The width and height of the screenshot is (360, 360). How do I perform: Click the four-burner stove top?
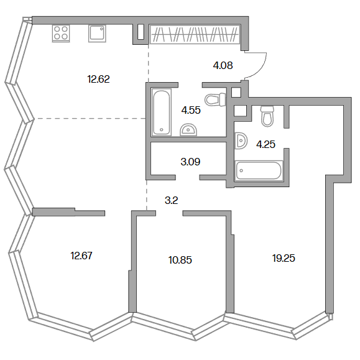coord(61,34)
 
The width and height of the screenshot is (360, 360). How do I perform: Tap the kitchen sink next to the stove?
coord(97,34)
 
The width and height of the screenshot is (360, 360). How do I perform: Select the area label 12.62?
coord(98,79)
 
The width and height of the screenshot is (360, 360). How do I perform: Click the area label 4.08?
coord(223,66)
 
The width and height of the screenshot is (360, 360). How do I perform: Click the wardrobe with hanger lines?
coord(195,34)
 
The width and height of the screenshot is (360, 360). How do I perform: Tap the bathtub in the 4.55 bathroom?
coord(162,112)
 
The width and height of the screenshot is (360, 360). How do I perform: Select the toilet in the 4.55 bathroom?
coord(215,99)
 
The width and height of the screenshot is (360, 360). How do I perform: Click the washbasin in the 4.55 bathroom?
coord(188,130)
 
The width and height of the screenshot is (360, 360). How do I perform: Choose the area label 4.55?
coord(191,110)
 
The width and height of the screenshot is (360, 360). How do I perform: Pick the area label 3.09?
coord(190,162)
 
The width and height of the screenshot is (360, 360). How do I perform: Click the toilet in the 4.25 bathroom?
coord(267,116)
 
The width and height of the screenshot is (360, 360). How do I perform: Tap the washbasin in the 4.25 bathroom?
coord(241,141)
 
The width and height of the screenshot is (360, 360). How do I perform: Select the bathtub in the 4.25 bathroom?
coord(259,170)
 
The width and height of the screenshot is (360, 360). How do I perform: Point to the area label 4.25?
coord(265,144)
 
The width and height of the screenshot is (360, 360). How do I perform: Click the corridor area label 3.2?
coord(171,200)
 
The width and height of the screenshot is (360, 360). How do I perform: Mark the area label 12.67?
coord(81,256)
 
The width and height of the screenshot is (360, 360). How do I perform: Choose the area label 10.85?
coord(180,260)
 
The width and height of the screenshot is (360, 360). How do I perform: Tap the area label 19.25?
coord(284,258)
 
